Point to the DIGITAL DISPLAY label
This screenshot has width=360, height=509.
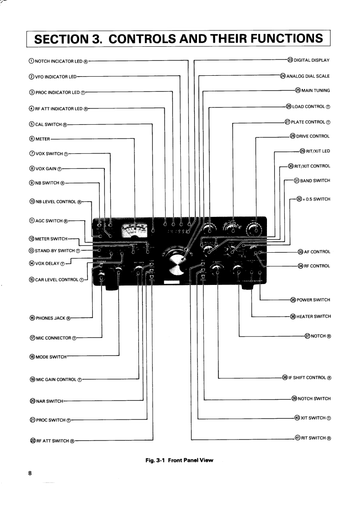click(311, 60)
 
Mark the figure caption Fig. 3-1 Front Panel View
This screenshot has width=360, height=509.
click(179, 460)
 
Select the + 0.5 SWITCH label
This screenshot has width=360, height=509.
click(316, 199)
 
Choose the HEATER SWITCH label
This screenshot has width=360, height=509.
click(314, 317)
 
